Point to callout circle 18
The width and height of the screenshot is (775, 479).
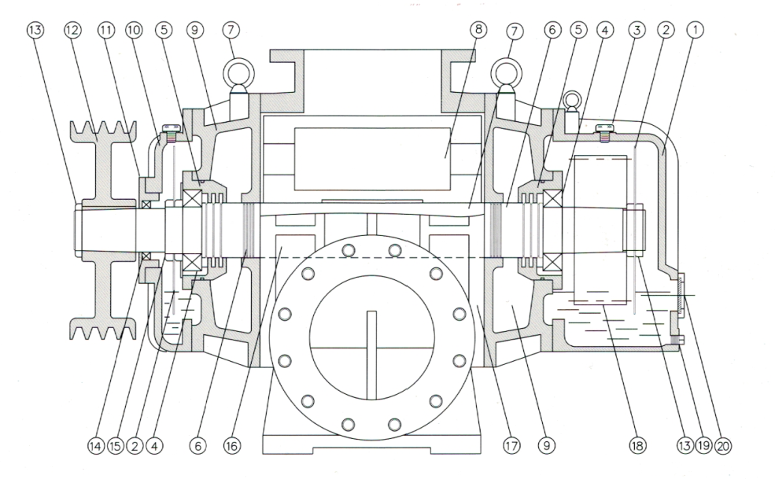coord(636,446)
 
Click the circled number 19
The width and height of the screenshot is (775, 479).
coord(704,446)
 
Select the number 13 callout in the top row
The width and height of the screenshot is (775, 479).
coord(35,29)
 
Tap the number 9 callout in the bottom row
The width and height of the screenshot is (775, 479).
coord(543,446)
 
